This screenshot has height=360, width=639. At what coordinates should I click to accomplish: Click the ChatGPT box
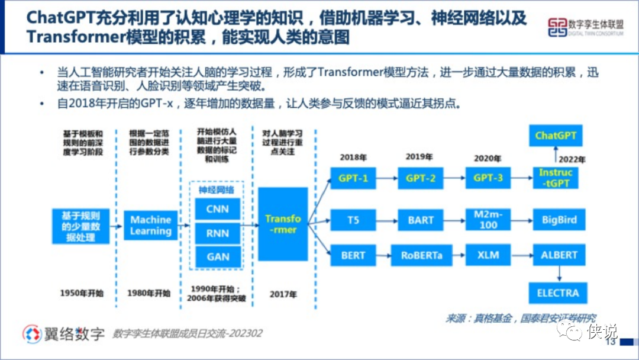pos(556,136)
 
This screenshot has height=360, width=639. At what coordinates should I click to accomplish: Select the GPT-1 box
pos(353,178)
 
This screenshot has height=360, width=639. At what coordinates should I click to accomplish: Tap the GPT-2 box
pos(421,178)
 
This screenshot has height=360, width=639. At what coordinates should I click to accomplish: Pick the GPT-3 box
pos(488,178)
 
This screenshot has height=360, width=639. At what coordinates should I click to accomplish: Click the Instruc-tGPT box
pos(556,178)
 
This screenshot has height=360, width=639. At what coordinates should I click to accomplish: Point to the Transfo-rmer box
pos(283,224)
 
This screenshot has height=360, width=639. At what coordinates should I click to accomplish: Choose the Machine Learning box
pos(151,225)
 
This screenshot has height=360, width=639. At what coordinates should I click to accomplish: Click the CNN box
pos(218,209)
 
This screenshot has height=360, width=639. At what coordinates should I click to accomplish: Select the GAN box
pos(218,257)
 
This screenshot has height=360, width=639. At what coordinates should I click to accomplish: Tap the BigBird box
pos(559,220)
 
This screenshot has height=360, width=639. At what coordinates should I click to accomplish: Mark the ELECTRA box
pos(557,292)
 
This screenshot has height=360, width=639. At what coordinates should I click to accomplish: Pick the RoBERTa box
pos(421,256)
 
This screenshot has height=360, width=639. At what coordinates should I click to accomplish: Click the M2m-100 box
pos(488,220)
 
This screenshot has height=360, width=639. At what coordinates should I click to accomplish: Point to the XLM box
pos(488,256)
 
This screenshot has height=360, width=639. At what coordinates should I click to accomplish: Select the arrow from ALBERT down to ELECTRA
pos(558,274)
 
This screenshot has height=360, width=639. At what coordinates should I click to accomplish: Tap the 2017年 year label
pos(283,294)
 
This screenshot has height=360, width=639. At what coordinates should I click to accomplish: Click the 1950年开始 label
pos(82,292)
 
